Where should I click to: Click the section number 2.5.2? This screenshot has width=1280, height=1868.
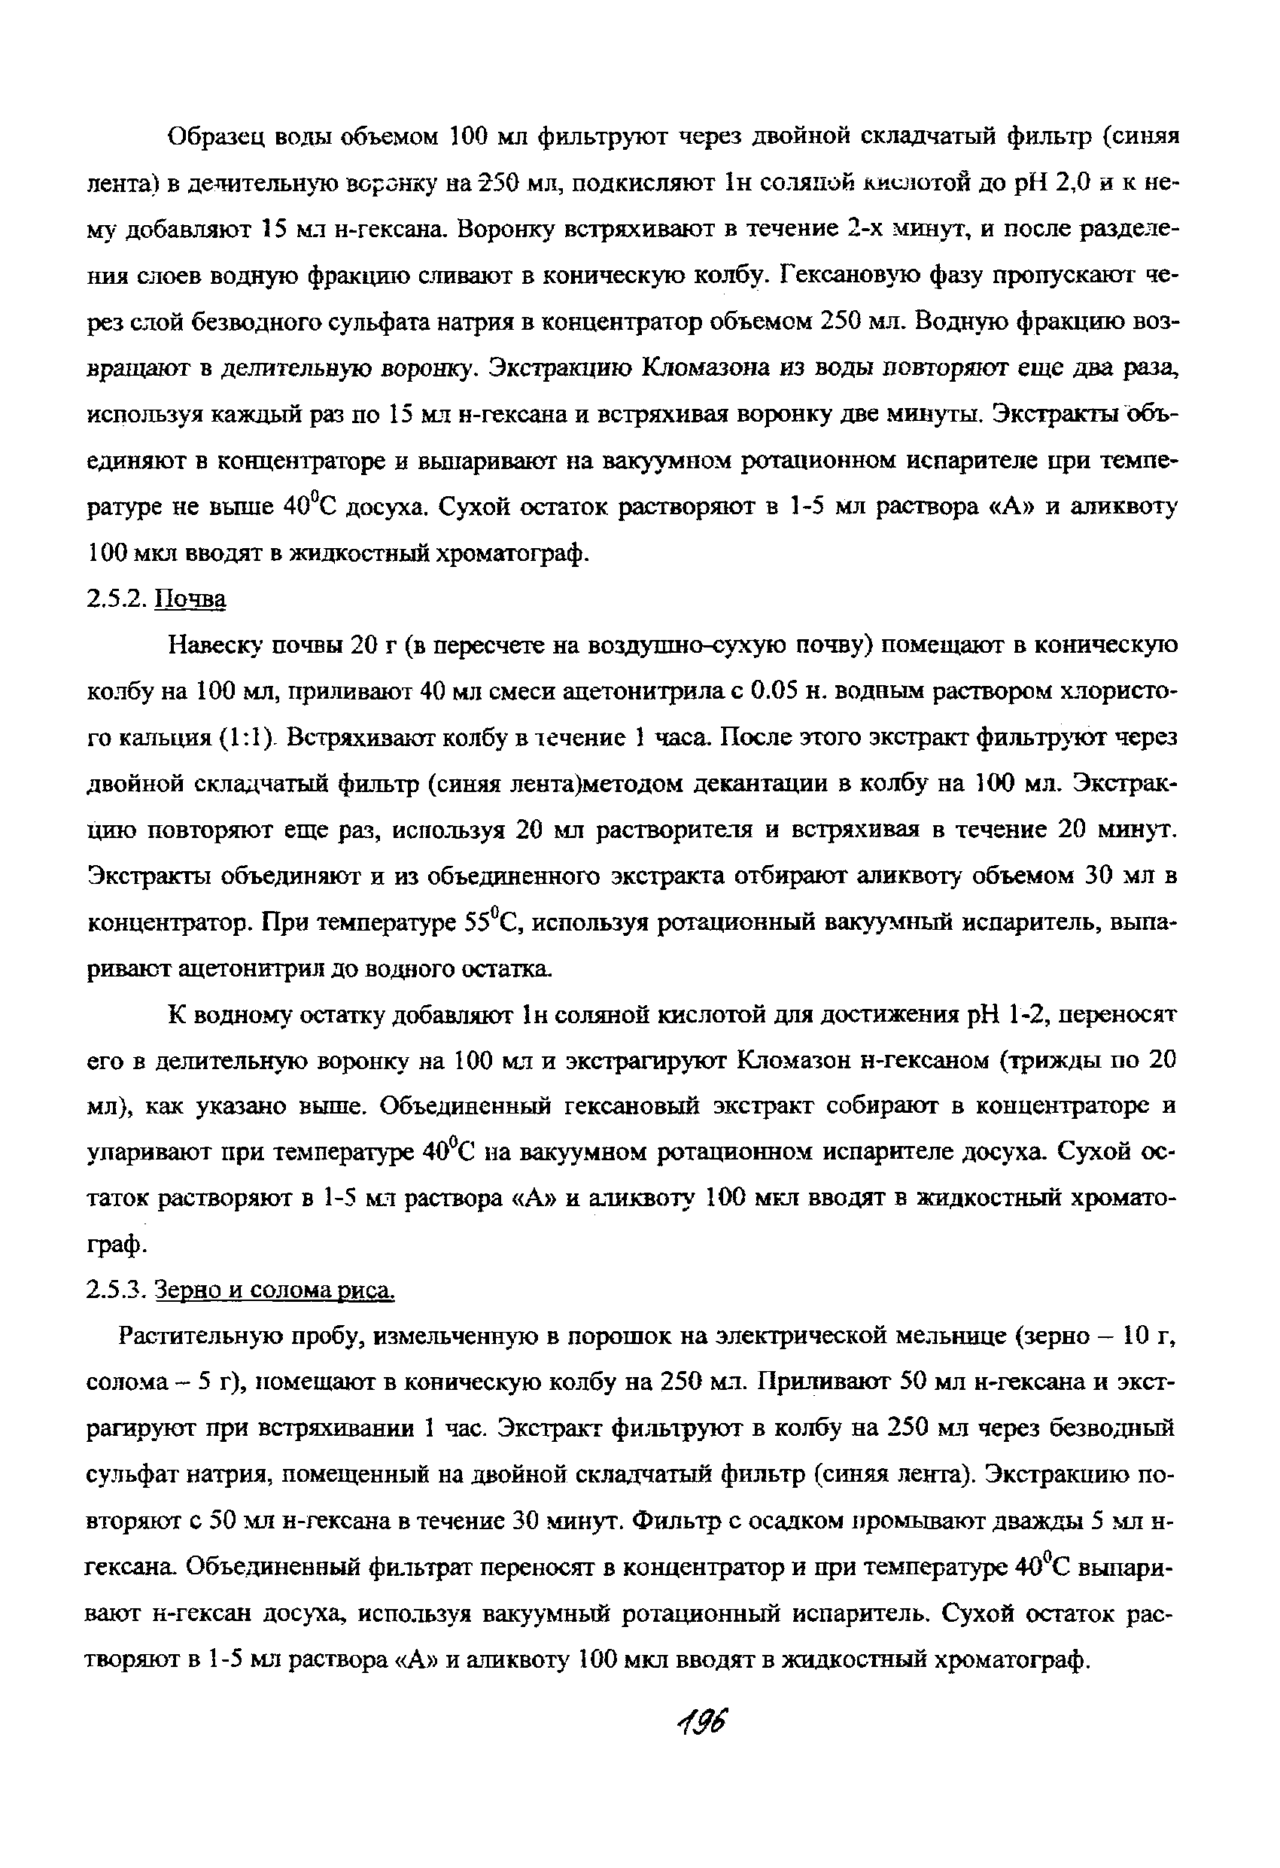117,599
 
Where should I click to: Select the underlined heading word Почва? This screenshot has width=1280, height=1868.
191,599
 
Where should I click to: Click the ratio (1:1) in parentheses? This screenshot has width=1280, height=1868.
247,738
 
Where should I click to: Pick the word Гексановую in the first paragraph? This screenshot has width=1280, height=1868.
852,276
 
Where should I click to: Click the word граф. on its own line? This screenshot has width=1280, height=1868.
117,1247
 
